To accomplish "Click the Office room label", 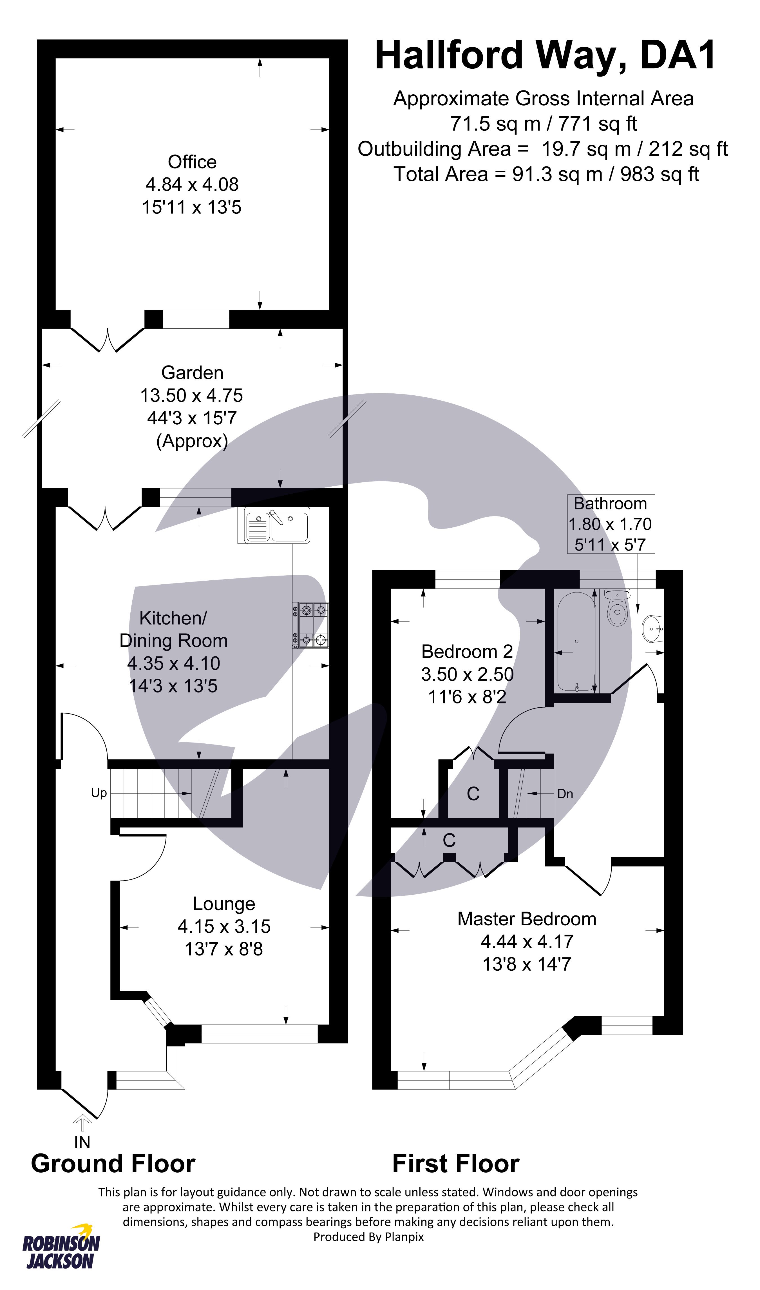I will pos(192,162).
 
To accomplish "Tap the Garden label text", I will pos(192,373).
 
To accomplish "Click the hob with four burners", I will pos(310,625).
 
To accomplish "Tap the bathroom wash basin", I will pos(651,629).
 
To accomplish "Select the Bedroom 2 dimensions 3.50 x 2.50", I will pos(467,674).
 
